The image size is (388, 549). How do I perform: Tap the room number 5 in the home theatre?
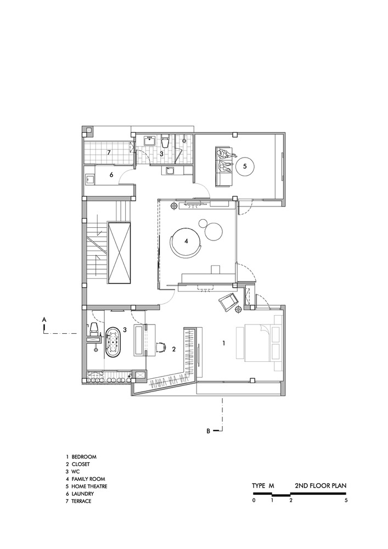coord(245,164)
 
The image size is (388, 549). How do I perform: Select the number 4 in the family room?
coord(187,240)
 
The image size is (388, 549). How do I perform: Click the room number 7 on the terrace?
coord(109,152)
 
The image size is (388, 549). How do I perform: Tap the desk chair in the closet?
coord(161,346)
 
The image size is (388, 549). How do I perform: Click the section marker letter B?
coord(209,431)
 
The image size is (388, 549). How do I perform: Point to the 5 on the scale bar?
coord(346,501)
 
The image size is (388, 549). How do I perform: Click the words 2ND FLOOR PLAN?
coord(320,486)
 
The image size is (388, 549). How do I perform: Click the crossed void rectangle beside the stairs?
coord(120,253)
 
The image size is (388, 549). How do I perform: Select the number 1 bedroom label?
coord(224,343)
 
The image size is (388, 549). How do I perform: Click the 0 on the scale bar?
coord(254,501)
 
